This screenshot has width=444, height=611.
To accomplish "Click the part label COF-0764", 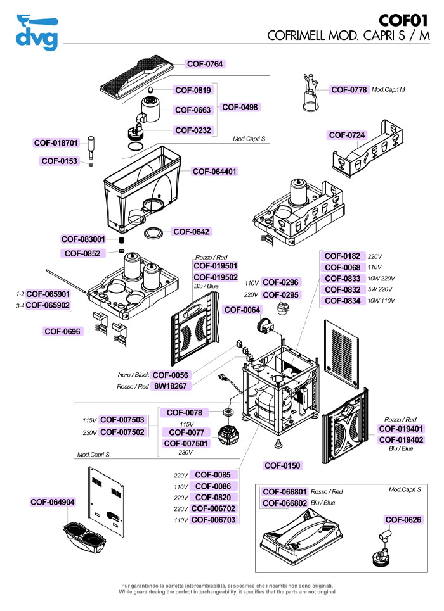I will tap(206, 64).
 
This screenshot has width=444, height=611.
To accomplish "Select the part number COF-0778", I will tap(349, 90).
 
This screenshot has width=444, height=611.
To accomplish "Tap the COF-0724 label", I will tap(347, 135).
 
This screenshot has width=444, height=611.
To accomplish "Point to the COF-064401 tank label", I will tap(215, 172).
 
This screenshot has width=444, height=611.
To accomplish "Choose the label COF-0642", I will tap(192, 232).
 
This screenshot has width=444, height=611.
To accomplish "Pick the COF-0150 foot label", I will tap(282, 465).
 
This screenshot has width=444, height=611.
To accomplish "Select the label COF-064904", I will tap(53, 502).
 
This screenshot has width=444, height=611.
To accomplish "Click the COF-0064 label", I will tap(242, 310).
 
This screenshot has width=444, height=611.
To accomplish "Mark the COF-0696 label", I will tap(62, 331).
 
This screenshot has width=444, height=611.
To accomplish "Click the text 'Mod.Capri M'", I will tap(388, 90).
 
